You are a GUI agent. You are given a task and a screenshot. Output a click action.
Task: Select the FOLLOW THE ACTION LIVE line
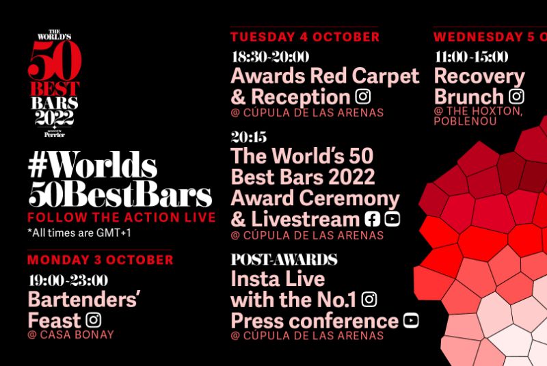tap(121, 218)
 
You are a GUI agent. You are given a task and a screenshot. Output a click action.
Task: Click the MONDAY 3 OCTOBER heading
tap(100, 260)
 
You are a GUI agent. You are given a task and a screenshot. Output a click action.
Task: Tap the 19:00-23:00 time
tap(68, 280)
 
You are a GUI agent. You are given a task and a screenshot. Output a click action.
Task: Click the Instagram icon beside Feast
tap(94, 319)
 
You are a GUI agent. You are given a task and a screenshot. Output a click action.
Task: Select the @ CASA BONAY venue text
tap(70, 335)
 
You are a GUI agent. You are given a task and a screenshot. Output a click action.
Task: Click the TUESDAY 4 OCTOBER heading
tap(305, 37)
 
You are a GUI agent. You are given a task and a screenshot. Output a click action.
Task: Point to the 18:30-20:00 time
tap(270, 57)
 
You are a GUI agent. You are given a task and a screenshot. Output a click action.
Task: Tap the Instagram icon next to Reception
tap(362, 96)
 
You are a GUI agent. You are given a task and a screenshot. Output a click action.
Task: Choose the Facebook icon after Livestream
tap(373, 219)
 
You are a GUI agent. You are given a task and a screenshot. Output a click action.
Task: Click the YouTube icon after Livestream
tap(392, 219)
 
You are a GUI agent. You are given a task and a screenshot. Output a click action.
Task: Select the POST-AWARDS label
tap(284, 260)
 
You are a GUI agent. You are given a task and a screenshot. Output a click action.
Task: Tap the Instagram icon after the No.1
tap(369, 299)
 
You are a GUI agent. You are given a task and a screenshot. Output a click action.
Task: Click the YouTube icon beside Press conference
tap(411, 320)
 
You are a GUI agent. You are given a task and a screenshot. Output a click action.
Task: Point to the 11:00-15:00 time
tap(471, 57)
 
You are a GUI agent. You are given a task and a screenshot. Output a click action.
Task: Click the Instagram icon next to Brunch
tap(517, 96)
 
